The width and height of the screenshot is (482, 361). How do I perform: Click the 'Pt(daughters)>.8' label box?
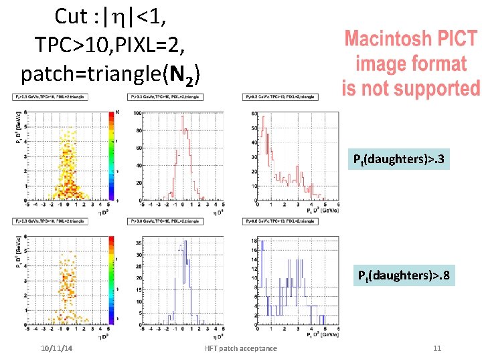click(x=404, y=275)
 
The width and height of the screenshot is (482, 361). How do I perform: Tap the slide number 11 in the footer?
click(x=437, y=348)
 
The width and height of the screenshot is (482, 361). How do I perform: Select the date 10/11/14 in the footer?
click(x=57, y=348)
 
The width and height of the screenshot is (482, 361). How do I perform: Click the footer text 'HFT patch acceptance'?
click(x=241, y=348)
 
